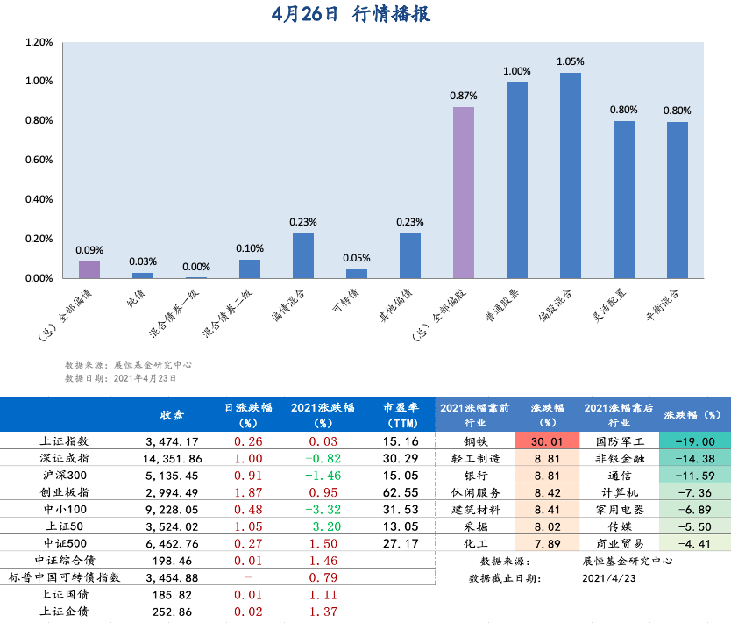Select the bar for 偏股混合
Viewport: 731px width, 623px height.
(x=571, y=175)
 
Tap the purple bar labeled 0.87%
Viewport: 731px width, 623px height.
(x=463, y=192)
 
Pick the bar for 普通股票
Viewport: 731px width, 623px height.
(x=517, y=180)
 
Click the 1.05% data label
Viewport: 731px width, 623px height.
(x=571, y=61)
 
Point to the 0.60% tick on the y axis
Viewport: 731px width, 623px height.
(x=39, y=160)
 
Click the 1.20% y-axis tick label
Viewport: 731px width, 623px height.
(x=39, y=42)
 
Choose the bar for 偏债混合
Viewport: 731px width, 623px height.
(x=302, y=255)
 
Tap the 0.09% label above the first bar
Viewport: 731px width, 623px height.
(x=89, y=249)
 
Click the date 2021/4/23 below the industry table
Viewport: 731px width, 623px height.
(x=608, y=578)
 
